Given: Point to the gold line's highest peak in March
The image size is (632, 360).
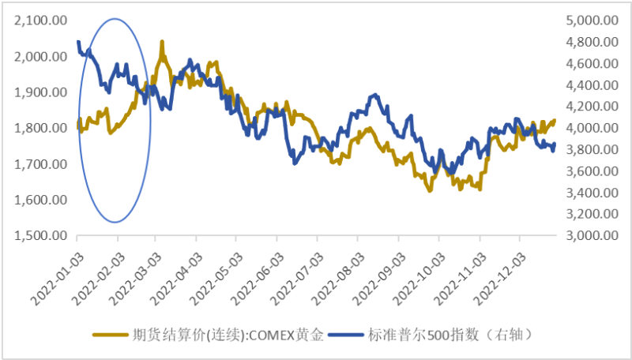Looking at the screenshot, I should tap(162, 41).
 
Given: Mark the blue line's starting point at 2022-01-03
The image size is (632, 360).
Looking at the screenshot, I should tap(77, 41).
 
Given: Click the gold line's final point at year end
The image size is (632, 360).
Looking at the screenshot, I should tap(555, 120).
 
